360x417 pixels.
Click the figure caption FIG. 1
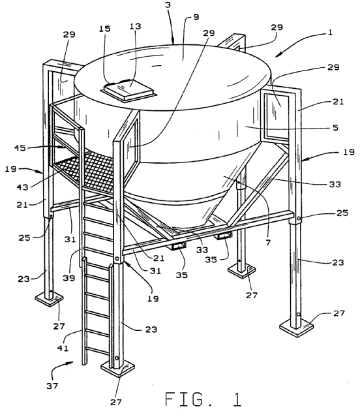(x=203, y=399)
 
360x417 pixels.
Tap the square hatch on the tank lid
(x=128, y=90)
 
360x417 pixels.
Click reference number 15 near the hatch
(x=104, y=29)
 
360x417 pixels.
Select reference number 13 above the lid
(x=135, y=26)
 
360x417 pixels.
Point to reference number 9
(x=196, y=17)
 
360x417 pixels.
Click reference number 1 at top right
(x=330, y=33)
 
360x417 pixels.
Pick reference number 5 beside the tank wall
(x=336, y=128)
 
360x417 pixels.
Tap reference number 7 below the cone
(x=268, y=242)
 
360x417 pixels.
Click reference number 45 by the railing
(x=20, y=147)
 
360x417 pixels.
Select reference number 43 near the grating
(x=22, y=187)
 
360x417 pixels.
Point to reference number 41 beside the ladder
(x=63, y=348)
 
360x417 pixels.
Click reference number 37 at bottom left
(x=52, y=386)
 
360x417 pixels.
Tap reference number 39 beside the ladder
(x=69, y=278)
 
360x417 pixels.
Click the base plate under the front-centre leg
(x=117, y=369)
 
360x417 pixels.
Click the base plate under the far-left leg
(x=49, y=300)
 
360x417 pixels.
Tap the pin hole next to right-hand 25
(x=299, y=219)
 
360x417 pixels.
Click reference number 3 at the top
(x=168, y=5)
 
